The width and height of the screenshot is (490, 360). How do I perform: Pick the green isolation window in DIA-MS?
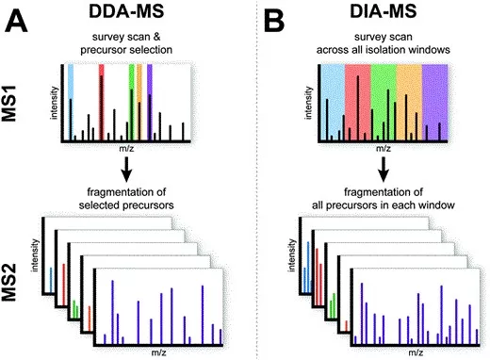pos(383,94)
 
